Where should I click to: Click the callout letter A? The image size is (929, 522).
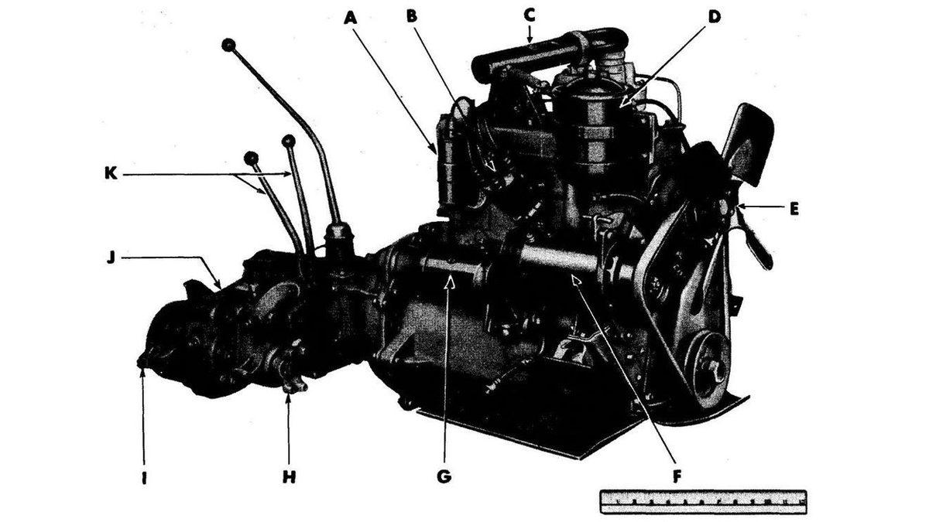[x=351, y=19]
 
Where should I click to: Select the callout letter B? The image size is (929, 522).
[x=411, y=16]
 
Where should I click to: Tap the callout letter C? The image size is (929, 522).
[x=530, y=15]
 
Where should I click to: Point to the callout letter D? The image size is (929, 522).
[x=714, y=17]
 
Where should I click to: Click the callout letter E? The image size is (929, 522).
[x=794, y=210]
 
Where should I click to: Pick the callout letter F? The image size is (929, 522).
[x=677, y=477]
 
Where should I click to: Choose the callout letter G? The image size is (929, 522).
[x=444, y=477]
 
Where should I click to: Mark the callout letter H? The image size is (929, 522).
[x=289, y=477]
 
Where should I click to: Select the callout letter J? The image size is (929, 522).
[x=110, y=258]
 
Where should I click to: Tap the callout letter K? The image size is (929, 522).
[x=111, y=173]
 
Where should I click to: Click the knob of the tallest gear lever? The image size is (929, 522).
[x=228, y=45]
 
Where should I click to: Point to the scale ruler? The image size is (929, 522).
[x=704, y=502]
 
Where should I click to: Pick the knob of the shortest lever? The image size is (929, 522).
[x=252, y=158]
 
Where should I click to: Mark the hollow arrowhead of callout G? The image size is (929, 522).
[x=450, y=282]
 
